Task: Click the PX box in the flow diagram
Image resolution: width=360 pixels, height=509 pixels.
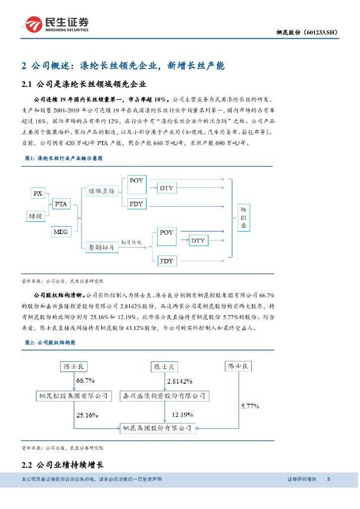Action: click(38, 193)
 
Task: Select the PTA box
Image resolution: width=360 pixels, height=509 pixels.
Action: click(60, 204)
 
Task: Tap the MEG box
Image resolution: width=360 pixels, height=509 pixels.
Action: click(60, 232)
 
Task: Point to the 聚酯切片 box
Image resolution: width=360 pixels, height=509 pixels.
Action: click(101, 247)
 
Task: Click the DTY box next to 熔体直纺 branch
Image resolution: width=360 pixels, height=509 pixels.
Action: click(167, 188)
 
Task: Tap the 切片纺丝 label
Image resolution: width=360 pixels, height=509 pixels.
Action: click(132, 242)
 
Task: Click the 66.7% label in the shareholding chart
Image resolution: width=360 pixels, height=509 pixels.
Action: click(85, 381)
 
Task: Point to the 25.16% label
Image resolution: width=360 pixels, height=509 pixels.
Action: click(87, 414)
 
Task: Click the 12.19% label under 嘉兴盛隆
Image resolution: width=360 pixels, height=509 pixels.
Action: click(182, 414)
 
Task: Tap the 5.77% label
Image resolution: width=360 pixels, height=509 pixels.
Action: click(251, 406)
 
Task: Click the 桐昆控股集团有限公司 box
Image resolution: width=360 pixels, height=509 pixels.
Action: click(74, 396)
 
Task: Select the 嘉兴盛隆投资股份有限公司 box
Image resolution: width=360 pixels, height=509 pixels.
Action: click(165, 396)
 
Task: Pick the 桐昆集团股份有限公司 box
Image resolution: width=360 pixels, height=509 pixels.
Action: click(157, 427)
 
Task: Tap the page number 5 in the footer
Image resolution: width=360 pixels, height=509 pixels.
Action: click(328, 479)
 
